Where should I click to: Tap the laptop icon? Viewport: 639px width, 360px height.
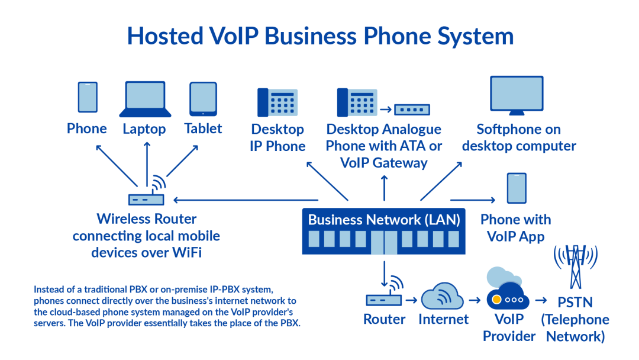tap(146, 99)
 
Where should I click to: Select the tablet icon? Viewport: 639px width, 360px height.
tap(203, 98)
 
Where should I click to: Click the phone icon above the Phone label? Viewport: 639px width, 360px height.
tap(88, 97)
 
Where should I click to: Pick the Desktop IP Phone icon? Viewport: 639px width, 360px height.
tap(277, 102)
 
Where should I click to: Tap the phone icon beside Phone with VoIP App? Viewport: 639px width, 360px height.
tap(516, 188)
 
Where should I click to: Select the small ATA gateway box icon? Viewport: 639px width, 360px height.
tap(412, 110)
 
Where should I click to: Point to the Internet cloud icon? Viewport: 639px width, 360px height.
tap(443, 295)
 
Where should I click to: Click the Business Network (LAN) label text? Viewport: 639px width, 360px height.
tap(383, 220)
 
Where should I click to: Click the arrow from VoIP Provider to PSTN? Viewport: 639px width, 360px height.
tap(541, 300)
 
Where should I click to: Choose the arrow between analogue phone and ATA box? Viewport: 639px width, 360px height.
tap(386, 110)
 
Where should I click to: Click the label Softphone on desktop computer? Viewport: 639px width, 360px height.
tap(518, 137)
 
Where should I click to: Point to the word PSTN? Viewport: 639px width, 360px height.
tap(575, 303)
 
